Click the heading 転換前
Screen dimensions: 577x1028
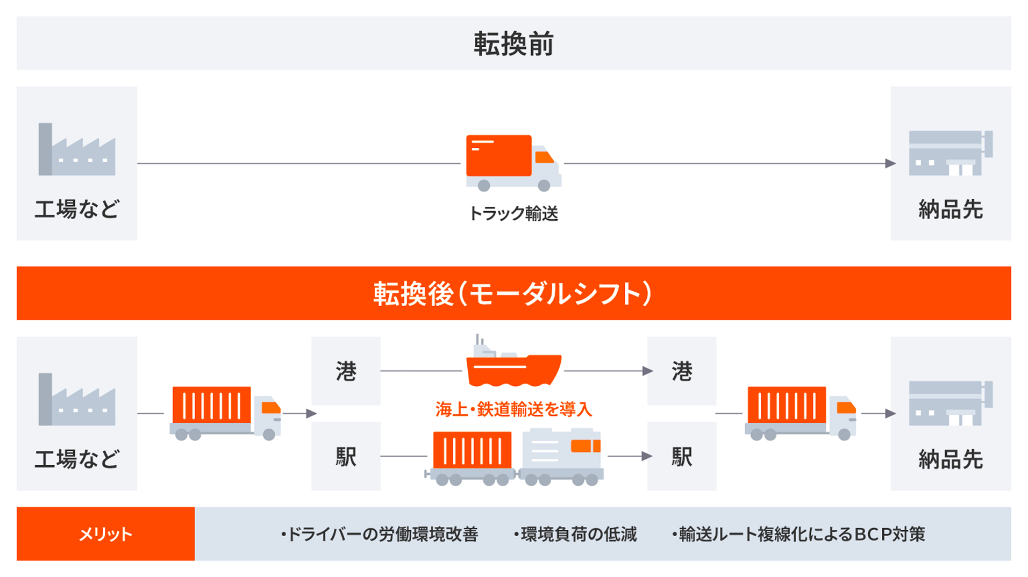[513, 44]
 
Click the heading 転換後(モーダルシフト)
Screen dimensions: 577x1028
[513, 293]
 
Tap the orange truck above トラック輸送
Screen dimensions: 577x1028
[512, 162]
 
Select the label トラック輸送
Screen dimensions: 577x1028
[513, 214]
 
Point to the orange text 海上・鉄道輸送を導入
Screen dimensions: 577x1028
[513, 409]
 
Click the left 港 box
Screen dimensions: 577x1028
[346, 371]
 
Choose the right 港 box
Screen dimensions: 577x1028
[682, 371]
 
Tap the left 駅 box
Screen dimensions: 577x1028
[346, 456]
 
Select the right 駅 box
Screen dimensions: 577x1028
[682, 456]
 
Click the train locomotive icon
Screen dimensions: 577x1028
[561, 456]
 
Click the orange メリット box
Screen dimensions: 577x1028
[105, 534]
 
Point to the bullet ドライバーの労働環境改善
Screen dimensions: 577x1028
[380, 534]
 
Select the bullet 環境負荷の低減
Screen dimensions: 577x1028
[575, 534]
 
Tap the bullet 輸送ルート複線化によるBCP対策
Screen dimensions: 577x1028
[799, 534]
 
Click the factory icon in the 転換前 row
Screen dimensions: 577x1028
[77, 150]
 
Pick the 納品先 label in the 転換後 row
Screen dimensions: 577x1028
[951, 460]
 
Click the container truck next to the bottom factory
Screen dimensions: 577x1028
[226, 413]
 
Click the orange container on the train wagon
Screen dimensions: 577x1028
[472, 450]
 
